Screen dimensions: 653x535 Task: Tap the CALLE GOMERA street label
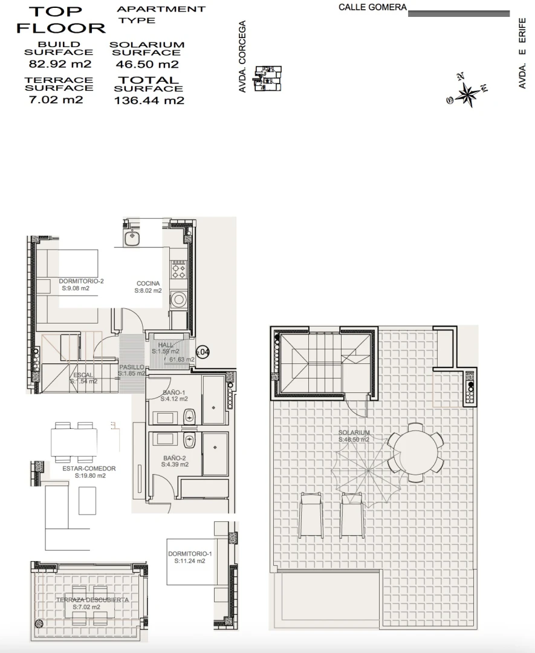[x=372, y=8]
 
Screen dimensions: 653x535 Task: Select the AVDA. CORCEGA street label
[x=242, y=57]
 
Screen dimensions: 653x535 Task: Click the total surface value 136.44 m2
[x=149, y=101]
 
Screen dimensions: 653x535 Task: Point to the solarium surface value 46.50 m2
[x=146, y=64]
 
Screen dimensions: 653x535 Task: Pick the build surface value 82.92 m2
[x=59, y=63]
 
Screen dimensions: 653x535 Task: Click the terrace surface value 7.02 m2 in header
[x=56, y=100]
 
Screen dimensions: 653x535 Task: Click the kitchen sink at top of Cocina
[x=133, y=238]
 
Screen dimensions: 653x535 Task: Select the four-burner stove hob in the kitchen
[x=179, y=268]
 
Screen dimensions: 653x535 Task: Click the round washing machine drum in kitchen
[x=179, y=299]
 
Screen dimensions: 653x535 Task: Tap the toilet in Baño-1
[x=189, y=415]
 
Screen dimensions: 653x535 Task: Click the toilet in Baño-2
[x=189, y=439]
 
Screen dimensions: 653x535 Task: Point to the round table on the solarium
[x=415, y=450]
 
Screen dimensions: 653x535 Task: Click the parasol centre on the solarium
[x=368, y=470]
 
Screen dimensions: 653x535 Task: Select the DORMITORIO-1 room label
[x=190, y=557]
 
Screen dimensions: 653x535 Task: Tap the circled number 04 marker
[x=204, y=352]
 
